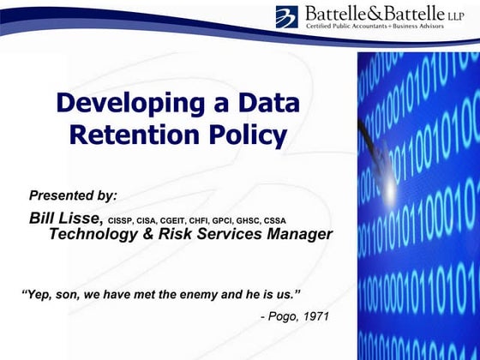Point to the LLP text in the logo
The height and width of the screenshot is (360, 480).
(454, 15)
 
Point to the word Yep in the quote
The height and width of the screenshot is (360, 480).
(40, 294)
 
